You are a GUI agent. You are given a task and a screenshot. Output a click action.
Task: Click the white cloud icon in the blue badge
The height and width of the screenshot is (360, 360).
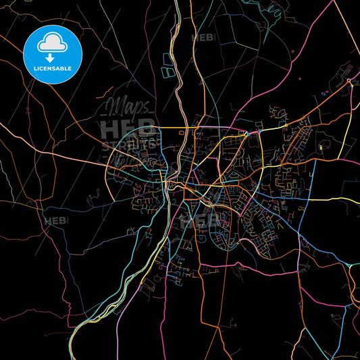[x=51, y=42]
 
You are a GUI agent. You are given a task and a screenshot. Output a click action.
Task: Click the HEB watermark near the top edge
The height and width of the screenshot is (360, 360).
[x=203, y=38]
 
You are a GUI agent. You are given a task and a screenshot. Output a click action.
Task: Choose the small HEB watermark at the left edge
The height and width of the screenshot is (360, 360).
[x=55, y=221]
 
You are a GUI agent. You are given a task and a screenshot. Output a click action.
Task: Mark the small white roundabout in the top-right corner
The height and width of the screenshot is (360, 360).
[x=349, y=81]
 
